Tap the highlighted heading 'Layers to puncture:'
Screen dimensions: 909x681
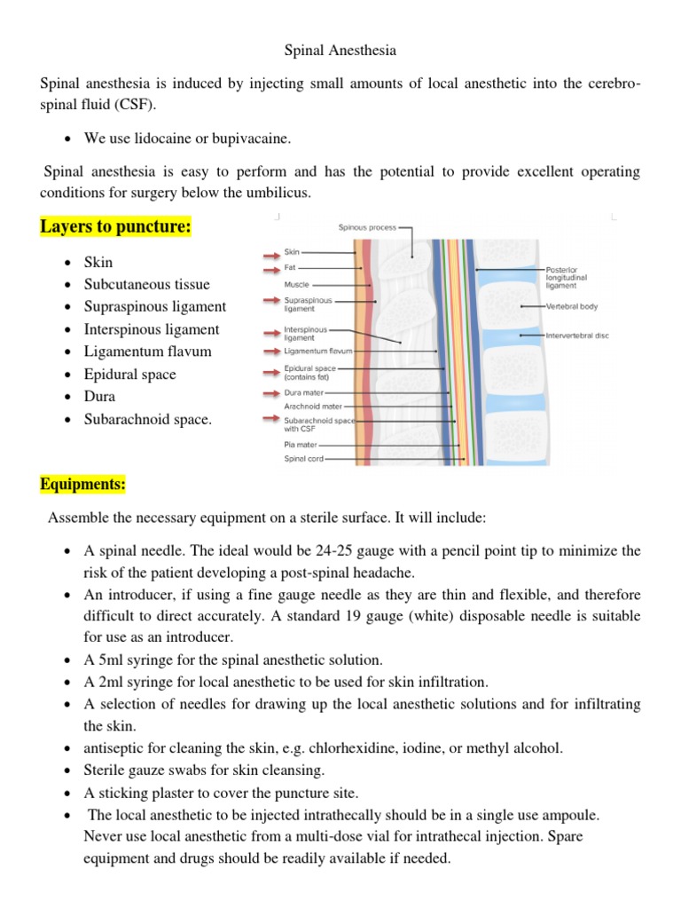tap(116, 227)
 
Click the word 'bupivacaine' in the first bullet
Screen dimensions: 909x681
tap(253, 138)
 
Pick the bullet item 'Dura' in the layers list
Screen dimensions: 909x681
tap(99, 396)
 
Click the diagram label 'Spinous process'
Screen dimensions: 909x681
tap(367, 227)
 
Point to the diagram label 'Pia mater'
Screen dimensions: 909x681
tap(299, 445)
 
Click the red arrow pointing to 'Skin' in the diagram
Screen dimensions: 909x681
tap(270, 252)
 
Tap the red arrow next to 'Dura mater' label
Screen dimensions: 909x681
tap(270, 391)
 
